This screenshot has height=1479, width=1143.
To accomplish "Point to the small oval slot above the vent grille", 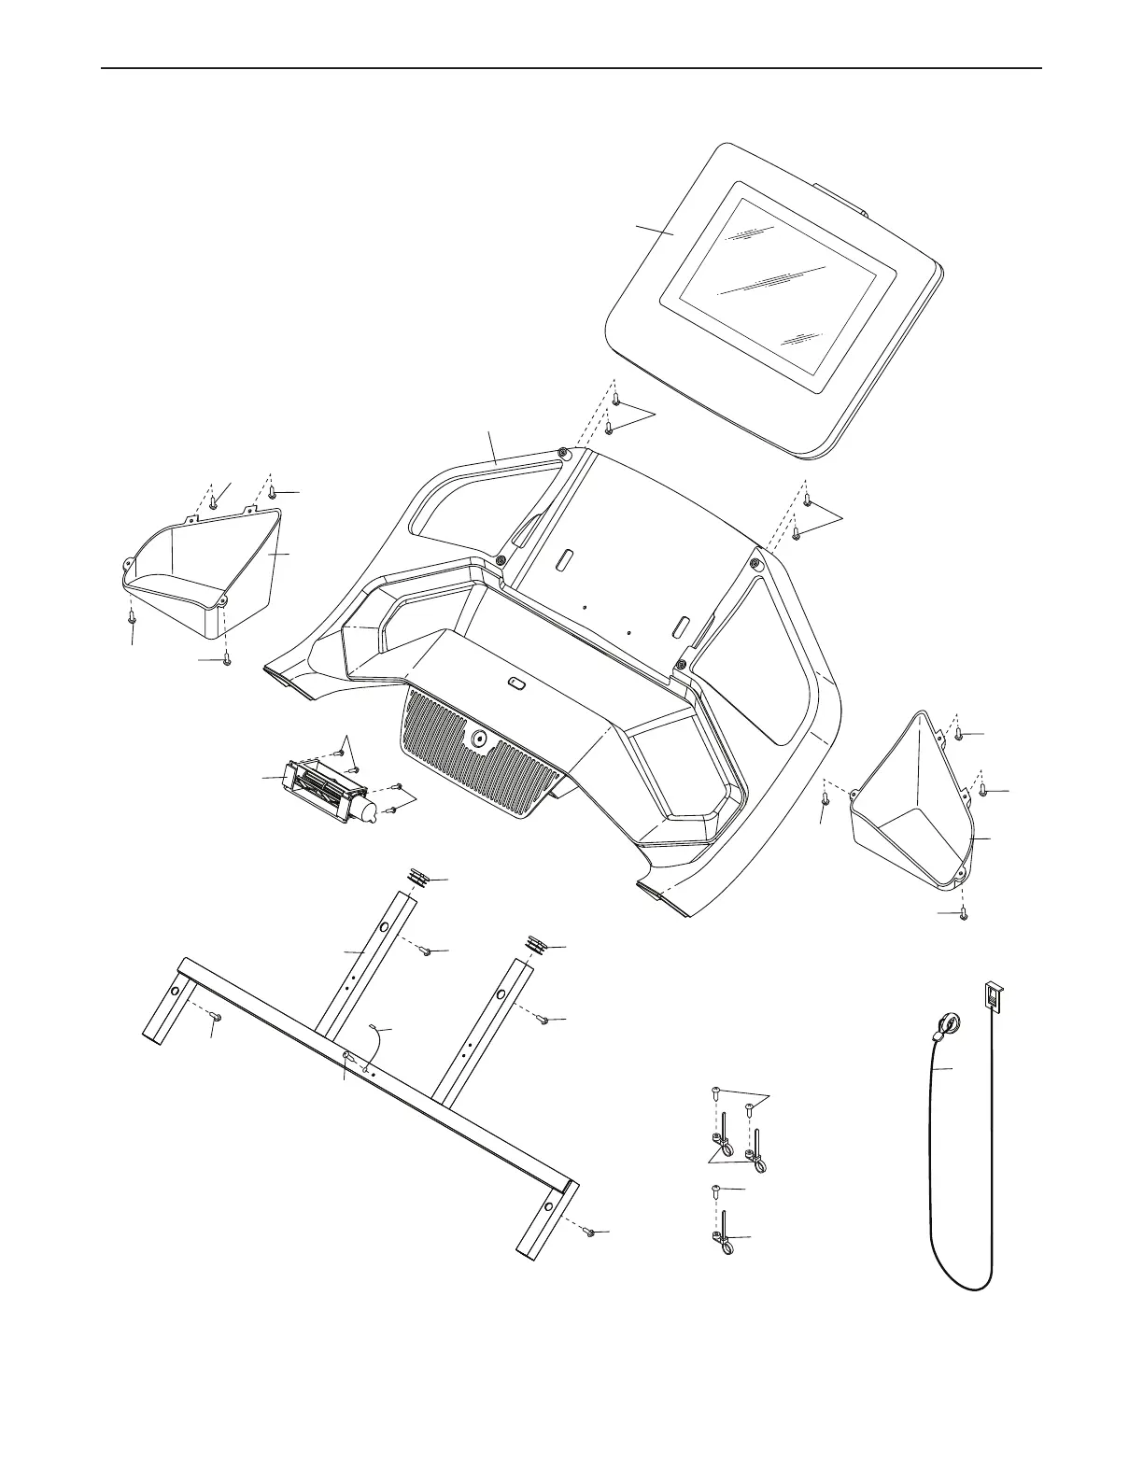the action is click(516, 683).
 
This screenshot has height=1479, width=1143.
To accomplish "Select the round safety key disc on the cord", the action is click(946, 1024).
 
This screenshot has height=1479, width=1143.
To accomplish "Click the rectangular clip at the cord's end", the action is click(994, 995).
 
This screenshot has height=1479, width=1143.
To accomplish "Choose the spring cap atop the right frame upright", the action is click(536, 945).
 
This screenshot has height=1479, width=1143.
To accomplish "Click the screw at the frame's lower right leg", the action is click(589, 1232).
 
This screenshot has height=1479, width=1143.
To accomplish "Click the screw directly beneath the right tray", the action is click(964, 914).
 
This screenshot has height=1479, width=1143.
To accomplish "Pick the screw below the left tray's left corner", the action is click(133, 615).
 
